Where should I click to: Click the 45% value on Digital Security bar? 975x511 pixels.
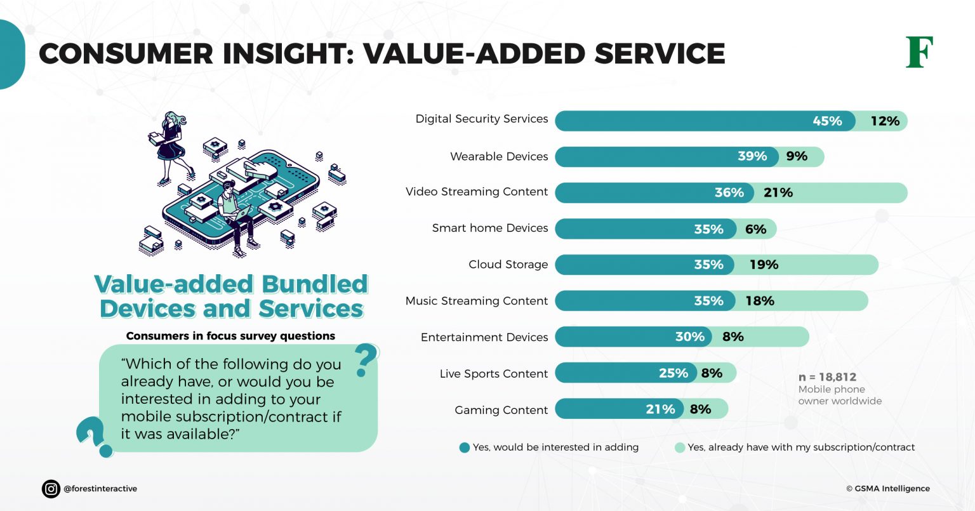[x=827, y=121]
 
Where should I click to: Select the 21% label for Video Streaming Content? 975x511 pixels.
[x=778, y=193]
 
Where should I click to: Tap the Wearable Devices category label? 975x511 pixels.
[x=498, y=157]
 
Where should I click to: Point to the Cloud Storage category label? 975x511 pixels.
[x=508, y=265]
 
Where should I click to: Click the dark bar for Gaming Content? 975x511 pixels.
[x=619, y=409]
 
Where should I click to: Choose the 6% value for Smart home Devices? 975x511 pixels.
[x=755, y=229]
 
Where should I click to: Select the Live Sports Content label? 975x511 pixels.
[x=493, y=374]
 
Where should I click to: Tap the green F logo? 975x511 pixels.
[x=919, y=53]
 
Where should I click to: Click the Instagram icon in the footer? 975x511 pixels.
[x=51, y=489]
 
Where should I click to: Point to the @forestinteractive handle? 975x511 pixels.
[x=100, y=489]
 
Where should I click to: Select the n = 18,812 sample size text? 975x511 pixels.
[x=827, y=377]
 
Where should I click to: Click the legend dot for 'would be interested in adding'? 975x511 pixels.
[x=465, y=448]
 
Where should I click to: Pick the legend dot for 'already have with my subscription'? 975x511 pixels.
[x=680, y=448]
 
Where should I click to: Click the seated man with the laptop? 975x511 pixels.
[x=235, y=216]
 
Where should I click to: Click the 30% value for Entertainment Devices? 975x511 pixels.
[x=689, y=337]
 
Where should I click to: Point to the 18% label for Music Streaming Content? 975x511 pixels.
[x=759, y=301]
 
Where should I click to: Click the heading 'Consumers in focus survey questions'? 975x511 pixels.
[x=230, y=336]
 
